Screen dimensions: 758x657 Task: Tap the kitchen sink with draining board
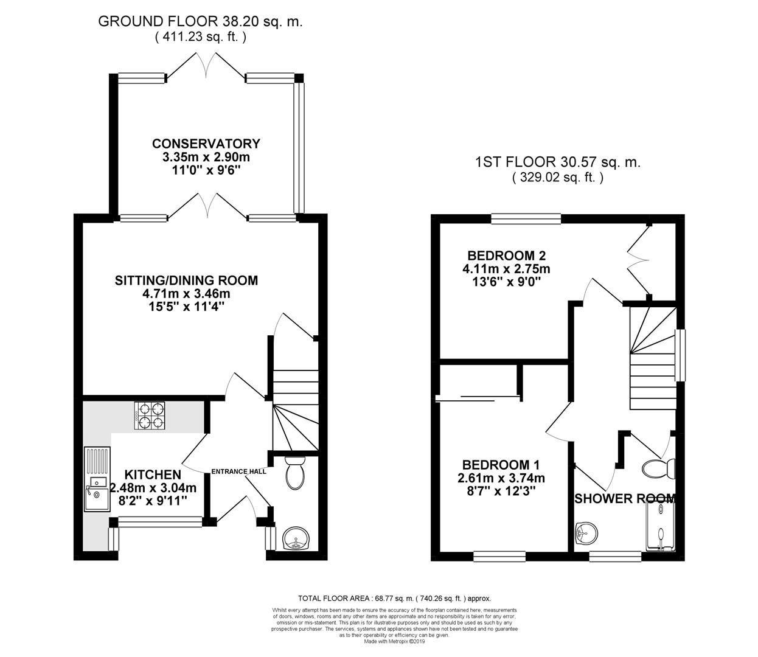(97, 479)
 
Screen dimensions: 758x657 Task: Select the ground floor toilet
(295, 473)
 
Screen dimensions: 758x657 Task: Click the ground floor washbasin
(296, 538)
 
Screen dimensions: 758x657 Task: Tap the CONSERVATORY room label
(206, 144)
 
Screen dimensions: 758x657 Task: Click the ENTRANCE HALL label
(238, 471)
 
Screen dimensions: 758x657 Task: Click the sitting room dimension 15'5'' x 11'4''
(186, 307)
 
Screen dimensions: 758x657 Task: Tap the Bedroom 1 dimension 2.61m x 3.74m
(501, 478)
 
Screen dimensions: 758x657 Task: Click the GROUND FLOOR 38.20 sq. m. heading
(200, 22)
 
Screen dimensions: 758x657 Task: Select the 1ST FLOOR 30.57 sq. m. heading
(558, 162)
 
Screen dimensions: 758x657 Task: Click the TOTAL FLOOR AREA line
(394, 599)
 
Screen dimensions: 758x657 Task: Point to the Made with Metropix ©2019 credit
(394, 642)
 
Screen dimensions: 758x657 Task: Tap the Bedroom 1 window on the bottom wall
(499, 556)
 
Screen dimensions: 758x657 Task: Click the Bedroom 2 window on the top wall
(526, 219)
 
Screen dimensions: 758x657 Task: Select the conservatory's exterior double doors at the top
(206, 66)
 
